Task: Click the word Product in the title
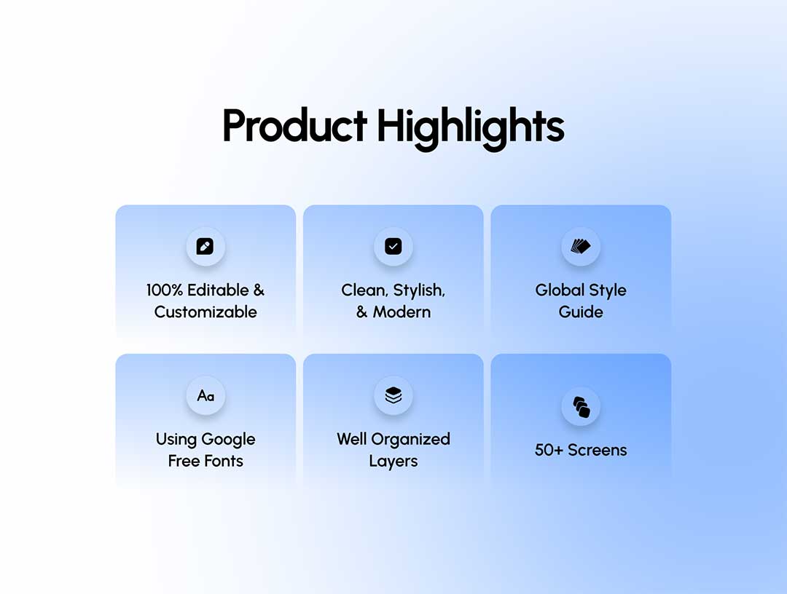pos(294,125)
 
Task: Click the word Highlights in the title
pos(471,128)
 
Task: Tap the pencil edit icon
pos(205,246)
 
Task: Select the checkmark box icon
pos(393,246)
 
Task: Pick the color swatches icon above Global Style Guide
pos(581,246)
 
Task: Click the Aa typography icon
pos(205,396)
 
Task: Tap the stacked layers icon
pos(393,395)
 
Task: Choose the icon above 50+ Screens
pos(582,406)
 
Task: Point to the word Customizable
pos(205,312)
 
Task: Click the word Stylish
pos(419,290)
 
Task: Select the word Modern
pos(402,312)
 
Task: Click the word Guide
pos(581,312)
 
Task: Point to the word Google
pos(228,440)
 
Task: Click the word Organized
pos(410,440)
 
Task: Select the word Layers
pos(393,462)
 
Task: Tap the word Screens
pos(598,450)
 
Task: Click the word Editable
pos(219,290)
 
